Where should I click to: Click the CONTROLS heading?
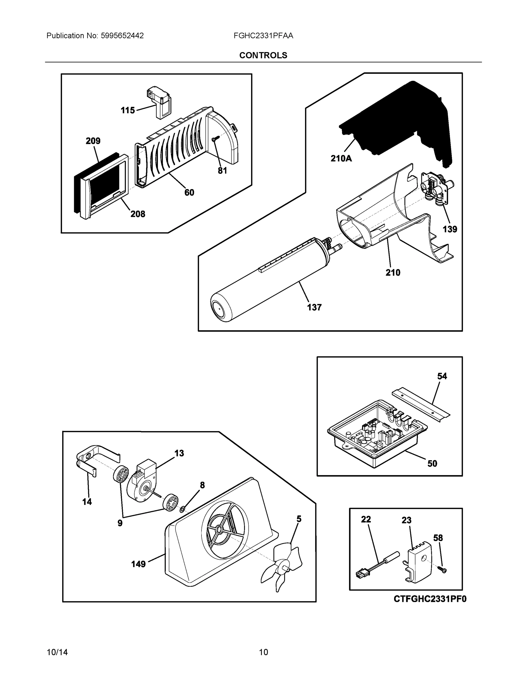click(263, 55)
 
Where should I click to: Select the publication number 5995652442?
click(122, 36)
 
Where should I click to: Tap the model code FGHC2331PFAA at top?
click(263, 36)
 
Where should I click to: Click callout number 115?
click(128, 110)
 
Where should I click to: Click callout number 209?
click(93, 141)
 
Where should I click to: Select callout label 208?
click(138, 214)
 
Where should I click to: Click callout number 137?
click(314, 307)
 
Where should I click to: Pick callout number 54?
click(442, 376)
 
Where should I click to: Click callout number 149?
click(138, 564)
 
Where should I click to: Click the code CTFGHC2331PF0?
click(430, 599)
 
